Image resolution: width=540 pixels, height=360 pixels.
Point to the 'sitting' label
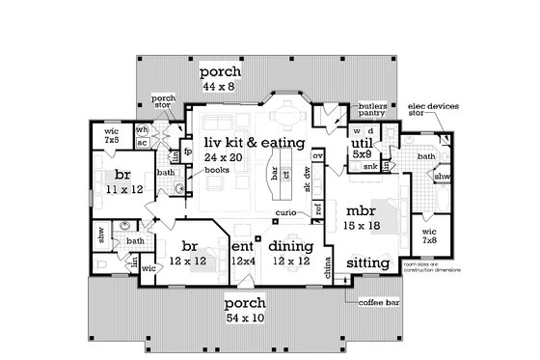click(x=367, y=262)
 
